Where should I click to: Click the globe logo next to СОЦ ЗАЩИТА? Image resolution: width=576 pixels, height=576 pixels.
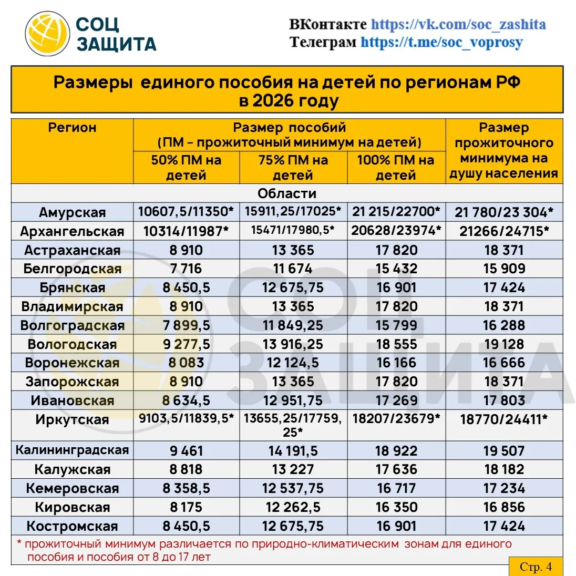point(48,34)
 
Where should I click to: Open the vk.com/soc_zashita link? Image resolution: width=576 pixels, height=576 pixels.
point(458,24)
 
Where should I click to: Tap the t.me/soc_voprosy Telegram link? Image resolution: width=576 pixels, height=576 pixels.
point(441,42)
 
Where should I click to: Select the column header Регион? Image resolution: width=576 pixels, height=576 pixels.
point(72,128)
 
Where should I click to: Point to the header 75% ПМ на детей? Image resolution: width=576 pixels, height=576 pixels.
point(293,168)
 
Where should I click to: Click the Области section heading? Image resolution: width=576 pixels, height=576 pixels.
point(287,193)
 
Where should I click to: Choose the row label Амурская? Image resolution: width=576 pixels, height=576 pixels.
point(72,212)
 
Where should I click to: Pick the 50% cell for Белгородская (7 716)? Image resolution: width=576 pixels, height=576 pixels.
point(186,269)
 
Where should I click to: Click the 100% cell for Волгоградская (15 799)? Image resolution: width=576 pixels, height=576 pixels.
point(396,325)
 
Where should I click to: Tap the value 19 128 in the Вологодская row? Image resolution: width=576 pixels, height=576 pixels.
point(503,344)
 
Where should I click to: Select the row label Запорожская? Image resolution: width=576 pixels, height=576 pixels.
point(72,382)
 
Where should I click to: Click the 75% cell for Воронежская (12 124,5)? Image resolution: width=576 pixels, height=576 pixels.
point(293,363)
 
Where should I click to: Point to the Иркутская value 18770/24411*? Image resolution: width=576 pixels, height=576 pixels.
point(503,419)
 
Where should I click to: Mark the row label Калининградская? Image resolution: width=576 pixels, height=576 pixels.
point(72,450)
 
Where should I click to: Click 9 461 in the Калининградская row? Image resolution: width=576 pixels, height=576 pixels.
point(186,451)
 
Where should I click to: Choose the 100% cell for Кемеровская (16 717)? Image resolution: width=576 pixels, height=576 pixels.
point(396,488)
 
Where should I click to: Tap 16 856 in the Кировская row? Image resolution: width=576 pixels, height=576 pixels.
point(503,507)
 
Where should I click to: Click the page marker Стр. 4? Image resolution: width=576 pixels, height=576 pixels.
point(536,567)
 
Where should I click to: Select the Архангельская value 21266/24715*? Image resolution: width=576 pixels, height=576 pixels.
point(503,231)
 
